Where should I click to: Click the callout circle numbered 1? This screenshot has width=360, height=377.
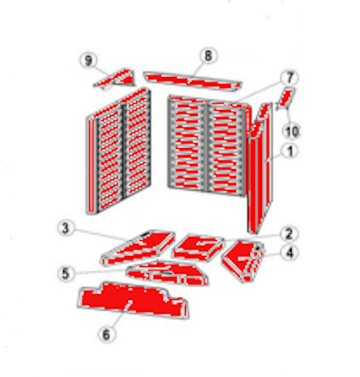tap(290, 151)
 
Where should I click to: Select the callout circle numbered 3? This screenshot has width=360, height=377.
tap(66, 230)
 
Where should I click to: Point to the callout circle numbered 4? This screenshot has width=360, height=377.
tap(289, 253)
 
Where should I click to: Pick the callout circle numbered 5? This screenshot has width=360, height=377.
tap(66, 273)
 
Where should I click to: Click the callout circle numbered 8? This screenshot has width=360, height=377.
tap(207, 55)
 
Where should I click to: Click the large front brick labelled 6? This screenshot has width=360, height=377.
tap(133, 302)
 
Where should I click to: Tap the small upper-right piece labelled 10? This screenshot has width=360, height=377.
tap(286, 98)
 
